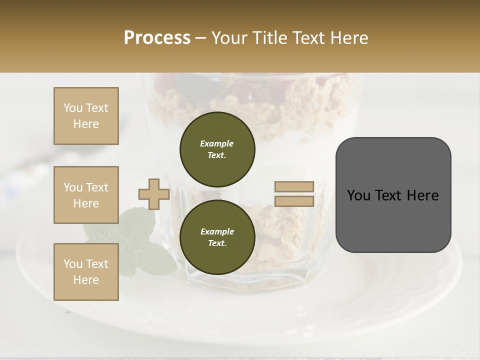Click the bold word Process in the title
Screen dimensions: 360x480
coord(157,37)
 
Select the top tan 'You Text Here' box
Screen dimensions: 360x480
coord(86,116)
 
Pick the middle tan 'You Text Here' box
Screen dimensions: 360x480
coord(86,195)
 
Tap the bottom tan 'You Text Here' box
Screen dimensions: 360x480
coord(86,272)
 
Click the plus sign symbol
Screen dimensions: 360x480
coord(153,194)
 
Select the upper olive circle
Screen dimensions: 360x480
coord(217,149)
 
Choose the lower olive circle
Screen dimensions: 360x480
coord(217,237)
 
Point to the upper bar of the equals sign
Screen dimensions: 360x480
coord(294,186)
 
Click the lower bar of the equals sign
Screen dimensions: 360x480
coord(294,201)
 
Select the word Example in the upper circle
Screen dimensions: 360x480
coord(217,143)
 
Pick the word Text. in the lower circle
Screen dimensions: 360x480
coord(217,243)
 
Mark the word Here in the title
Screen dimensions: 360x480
coord(349,37)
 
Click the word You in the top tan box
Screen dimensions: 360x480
coord(73,108)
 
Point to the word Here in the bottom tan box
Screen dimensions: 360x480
coord(86,280)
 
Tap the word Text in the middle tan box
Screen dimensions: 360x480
coord(96,187)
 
